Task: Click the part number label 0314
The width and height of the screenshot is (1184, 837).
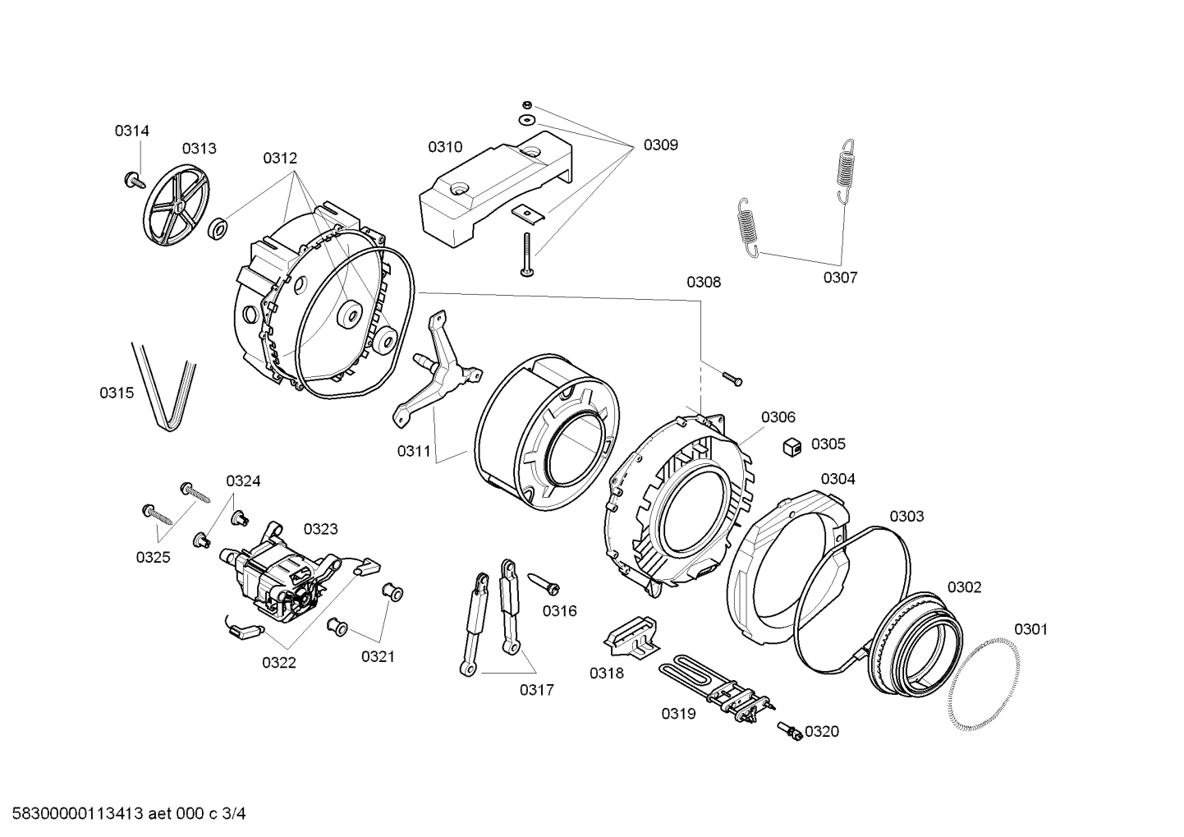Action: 131,131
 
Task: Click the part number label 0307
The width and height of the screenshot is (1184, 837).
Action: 840,278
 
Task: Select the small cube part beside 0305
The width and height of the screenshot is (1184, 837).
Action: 792,446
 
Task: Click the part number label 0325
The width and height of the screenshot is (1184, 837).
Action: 153,558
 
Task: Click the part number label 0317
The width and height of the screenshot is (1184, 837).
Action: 536,690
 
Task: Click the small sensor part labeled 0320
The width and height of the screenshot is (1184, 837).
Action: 792,731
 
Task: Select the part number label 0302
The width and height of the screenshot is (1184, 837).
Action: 964,587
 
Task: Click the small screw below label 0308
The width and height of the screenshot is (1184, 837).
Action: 732,378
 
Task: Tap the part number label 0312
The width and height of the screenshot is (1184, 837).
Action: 280,159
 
